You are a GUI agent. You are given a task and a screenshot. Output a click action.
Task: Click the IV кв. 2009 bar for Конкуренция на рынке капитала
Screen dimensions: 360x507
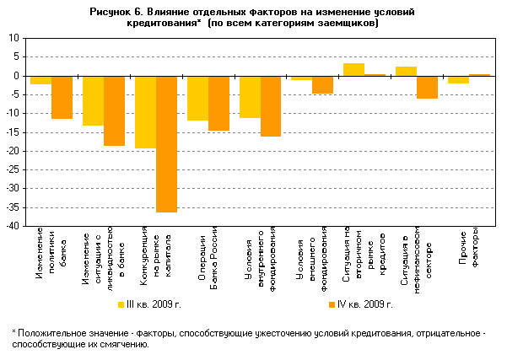[x=166, y=143]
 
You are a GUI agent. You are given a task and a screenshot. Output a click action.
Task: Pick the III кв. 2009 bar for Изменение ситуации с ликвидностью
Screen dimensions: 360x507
[x=93, y=100]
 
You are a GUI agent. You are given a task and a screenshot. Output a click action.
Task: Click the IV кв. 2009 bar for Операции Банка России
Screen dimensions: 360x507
[x=218, y=103]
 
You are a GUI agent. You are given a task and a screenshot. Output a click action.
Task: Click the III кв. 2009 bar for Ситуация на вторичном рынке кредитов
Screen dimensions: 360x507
[x=354, y=69]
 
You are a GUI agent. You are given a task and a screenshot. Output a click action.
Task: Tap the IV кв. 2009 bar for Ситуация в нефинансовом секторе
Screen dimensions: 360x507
[x=427, y=87]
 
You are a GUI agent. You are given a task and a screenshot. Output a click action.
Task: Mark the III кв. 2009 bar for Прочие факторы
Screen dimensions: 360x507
[x=459, y=79]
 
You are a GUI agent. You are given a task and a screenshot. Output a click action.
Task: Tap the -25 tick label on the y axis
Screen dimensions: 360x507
[x=13, y=169]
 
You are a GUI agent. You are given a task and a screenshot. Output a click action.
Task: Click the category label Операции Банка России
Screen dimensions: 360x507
[x=208, y=250]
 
